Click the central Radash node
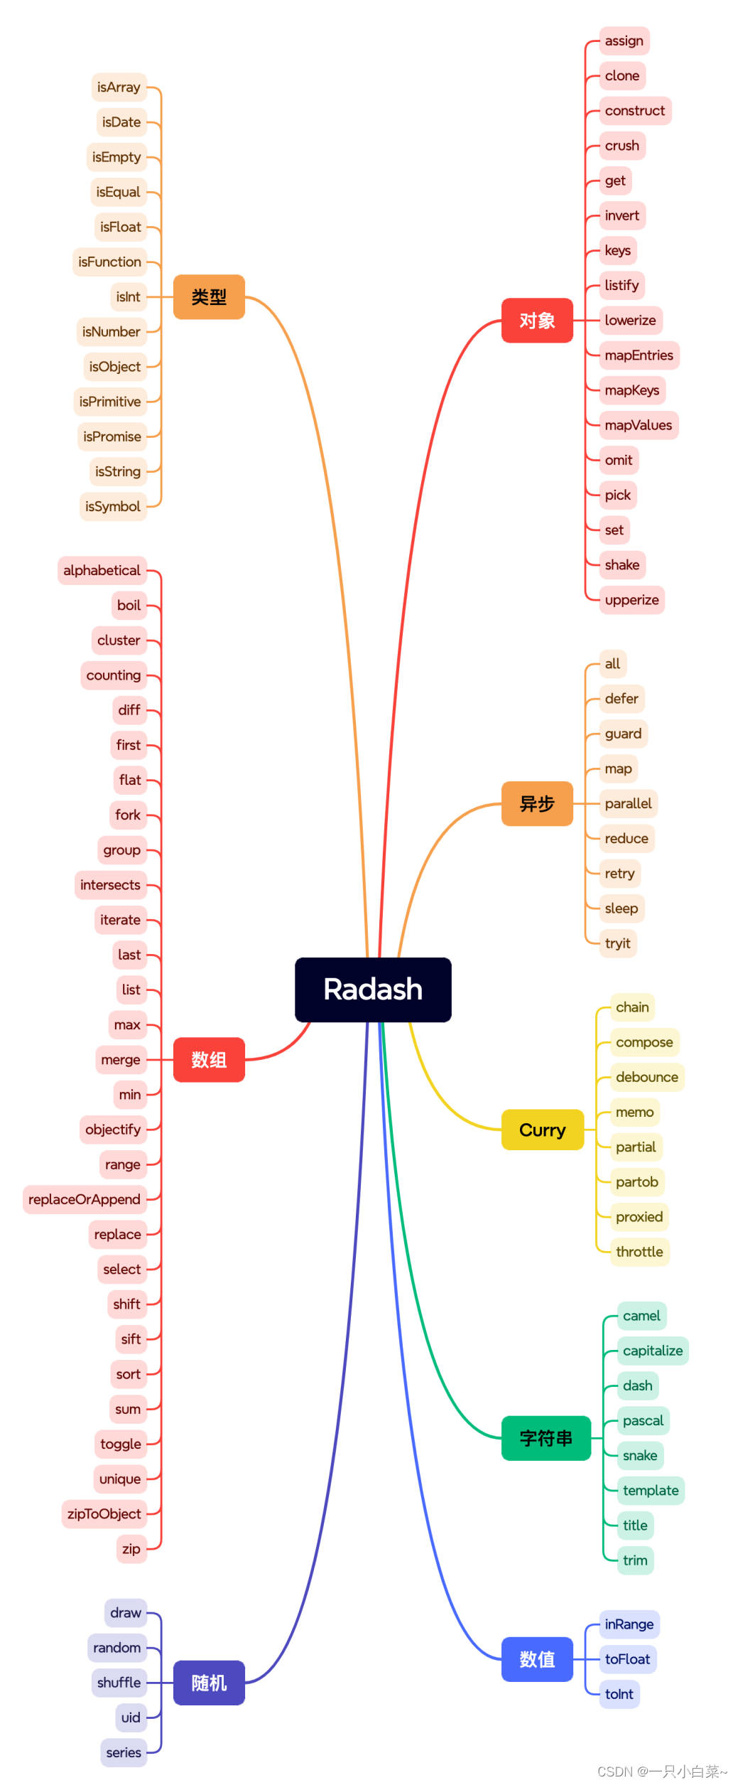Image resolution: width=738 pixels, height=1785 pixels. click(x=373, y=989)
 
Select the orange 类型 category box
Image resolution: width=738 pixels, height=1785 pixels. click(x=209, y=297)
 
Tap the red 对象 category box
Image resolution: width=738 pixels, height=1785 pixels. click(x=537, y=321)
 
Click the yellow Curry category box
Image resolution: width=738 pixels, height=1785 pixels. click(x=543, y=1130)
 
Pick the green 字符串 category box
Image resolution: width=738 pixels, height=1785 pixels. click(x=546, y=1438)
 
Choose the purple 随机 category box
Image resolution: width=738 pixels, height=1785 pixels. click(x=209, y=1683)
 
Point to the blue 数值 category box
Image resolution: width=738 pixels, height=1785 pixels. click(x=537, y=1659)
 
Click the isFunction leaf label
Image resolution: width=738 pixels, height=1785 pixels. click(x=109, y=262)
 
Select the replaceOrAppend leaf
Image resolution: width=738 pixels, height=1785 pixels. click(x=85, y=1199)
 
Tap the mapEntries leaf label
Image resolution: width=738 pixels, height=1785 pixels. click(x=639, y=355)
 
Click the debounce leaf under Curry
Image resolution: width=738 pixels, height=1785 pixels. click(x=646, y=1077)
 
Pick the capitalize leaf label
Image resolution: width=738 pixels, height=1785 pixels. click(x=652, y=1351)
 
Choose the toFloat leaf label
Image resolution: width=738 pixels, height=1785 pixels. click(x=627, y=1659)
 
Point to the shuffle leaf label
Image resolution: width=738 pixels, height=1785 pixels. click(x=119, y=1683)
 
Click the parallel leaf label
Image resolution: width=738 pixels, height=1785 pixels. click(x=628, y=803)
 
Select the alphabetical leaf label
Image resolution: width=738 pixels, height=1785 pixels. click(x=102, y=570)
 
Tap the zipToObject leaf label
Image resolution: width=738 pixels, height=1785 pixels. click(x=104, y=1513)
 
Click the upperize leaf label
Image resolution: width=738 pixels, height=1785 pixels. click(x=631, y=600)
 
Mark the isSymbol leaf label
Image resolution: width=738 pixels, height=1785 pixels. click(x=113, y=506)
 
